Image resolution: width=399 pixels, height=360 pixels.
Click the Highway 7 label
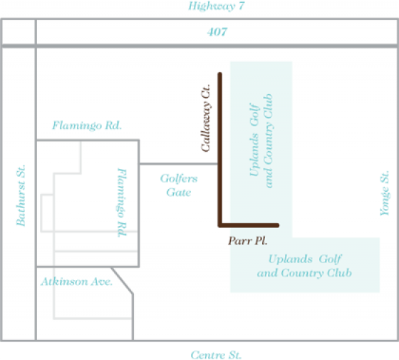tap(217, 6)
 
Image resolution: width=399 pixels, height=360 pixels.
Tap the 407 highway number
tap(217, 32)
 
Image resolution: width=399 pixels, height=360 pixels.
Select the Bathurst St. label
tap(21, 195)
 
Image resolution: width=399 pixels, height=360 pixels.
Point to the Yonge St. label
tap(385, 193)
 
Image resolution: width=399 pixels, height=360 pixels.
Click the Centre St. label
tap(216, 355)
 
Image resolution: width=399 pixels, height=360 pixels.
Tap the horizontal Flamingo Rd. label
tap(87, 125)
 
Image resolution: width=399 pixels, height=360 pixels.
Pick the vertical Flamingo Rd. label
tap(122, 202)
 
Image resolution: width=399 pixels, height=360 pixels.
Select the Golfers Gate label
tap(179, 185)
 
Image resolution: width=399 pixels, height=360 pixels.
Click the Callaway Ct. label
tap(206, 118)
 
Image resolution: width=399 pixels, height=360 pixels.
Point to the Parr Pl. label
tap(248, 241)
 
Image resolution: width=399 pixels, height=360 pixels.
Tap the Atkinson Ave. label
tap(77, 282)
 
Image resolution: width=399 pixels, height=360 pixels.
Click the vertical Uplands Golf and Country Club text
tap(261, 141)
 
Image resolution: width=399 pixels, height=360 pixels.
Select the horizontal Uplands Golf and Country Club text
tap(304, 266)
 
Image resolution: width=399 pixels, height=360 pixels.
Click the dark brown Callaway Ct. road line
tap(220, 150)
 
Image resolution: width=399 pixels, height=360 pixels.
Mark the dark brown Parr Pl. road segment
tap(249, 225)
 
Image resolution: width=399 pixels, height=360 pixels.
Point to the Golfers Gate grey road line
tap(178, 164)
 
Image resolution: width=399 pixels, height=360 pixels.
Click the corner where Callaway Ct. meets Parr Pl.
tap(220, 225)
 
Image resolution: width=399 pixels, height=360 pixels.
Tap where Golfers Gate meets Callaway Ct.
tap(219, 164)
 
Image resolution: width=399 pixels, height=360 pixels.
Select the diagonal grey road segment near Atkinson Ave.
tap(122, 281)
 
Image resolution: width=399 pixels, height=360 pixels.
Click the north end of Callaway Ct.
tap(220, 74)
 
